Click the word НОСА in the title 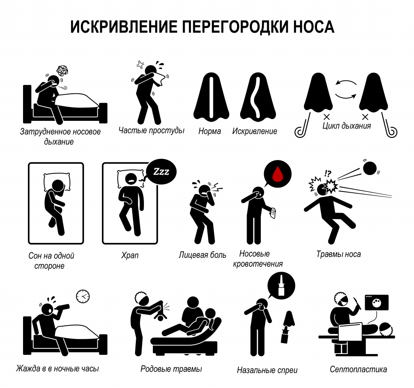pos(313,27)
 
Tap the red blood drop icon pos(277,174)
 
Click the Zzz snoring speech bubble pos(161,171)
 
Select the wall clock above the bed pos(83,296)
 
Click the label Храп pos(130,255)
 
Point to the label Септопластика pos(358,369)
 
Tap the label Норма pos(210,131)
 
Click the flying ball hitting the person pos(370,168)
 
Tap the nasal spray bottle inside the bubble pos(281,285)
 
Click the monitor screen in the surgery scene pos(376,302)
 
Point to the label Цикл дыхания pos(346,126)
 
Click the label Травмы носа pos(338,254)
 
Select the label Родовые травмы pos(171,369)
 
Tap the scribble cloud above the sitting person pos(63,70)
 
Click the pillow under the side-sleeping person pos(57,181)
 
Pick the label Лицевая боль pos(203,255)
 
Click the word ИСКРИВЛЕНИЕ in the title pos(124,27)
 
